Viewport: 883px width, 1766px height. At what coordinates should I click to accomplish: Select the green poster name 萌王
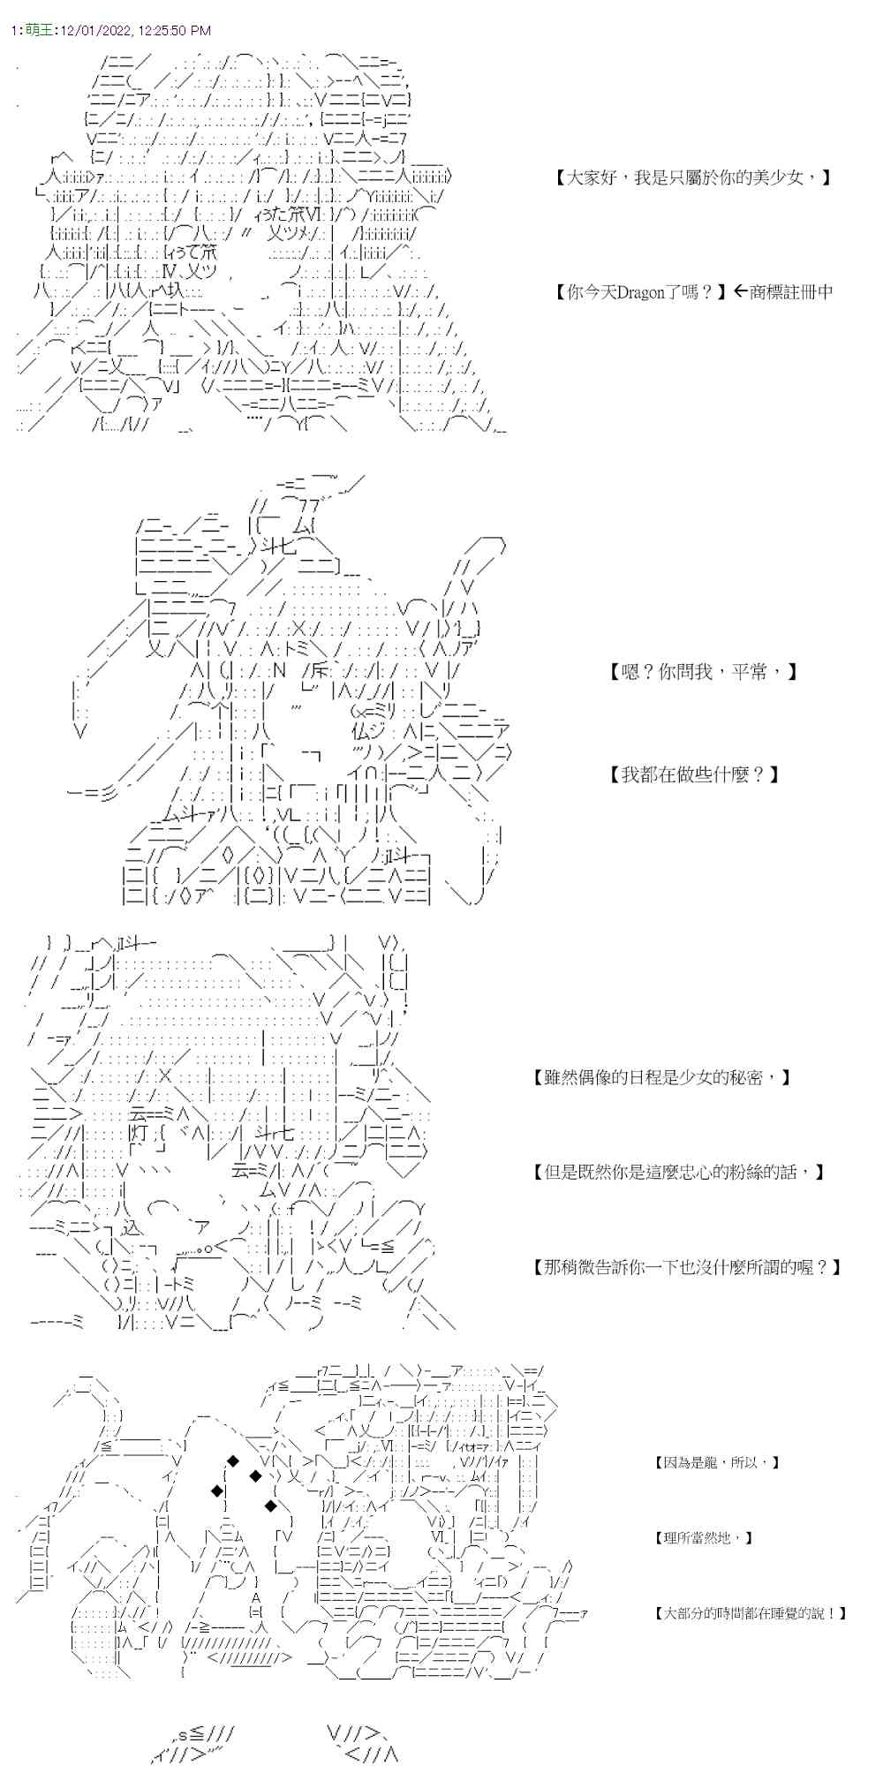tap(38, 30)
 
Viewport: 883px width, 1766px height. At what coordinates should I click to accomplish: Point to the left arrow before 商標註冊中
tap(740, 291)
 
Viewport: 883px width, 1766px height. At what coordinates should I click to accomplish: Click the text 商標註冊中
tap(791, 291)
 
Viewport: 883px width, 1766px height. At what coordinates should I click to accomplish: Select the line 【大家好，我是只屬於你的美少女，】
tap(693, 177)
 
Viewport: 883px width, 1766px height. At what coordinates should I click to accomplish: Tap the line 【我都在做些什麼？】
tap(694, 774)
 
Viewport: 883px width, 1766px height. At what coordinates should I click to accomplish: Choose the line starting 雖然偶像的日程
tap(662, 1077)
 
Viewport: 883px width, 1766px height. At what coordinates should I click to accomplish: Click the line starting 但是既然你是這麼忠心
tap(678, 1172)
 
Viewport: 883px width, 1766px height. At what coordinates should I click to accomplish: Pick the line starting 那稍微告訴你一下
tap(687, 1267)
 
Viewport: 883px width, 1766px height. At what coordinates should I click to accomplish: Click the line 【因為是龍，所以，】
tap(717, 1462)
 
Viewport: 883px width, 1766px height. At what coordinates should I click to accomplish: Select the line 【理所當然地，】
tap(704, 1537)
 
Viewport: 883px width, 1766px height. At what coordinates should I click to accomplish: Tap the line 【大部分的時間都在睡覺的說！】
tap(751, 1612)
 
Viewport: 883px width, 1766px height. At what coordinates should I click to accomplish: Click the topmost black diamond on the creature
tap(233, 1460)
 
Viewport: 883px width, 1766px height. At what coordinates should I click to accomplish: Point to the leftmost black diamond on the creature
tap(215, 1491)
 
